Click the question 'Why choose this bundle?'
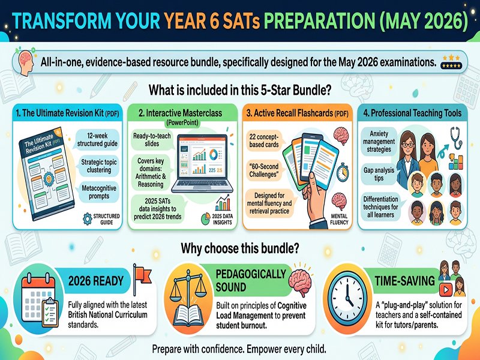pyautogui.click(x=240, y=247)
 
